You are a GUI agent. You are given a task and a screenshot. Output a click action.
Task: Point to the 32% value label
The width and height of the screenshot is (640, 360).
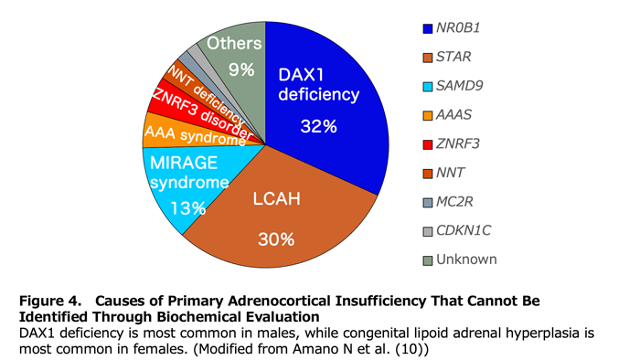[x=319, y=127]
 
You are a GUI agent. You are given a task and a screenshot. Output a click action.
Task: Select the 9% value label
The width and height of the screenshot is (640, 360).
[x=241, y=69]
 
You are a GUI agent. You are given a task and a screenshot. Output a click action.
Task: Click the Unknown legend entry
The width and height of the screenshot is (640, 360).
[x=465, y=259]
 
